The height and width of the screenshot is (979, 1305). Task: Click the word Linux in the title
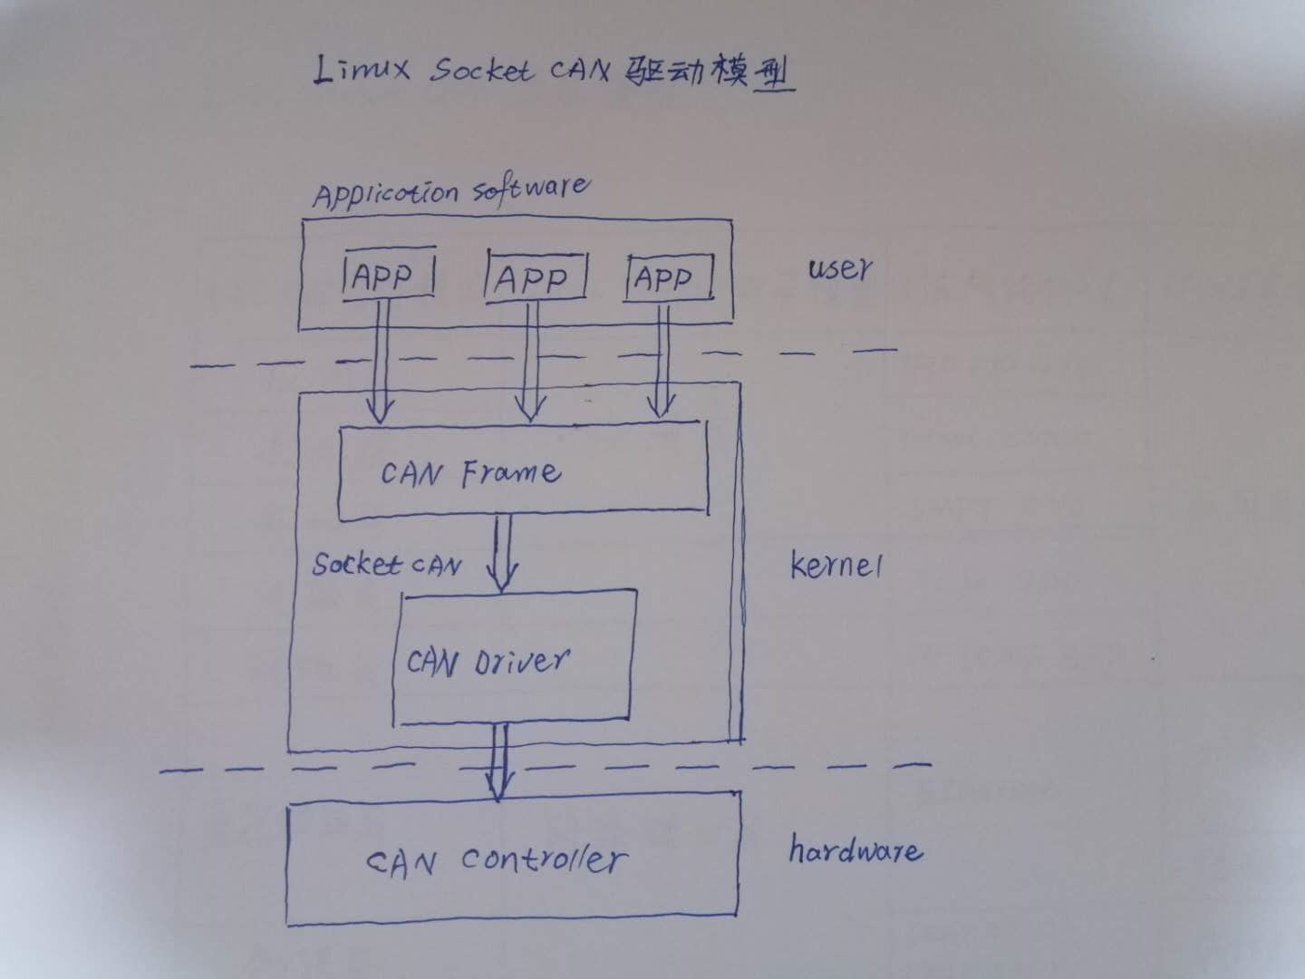click(361, 71)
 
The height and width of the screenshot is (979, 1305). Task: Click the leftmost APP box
click(388, 275)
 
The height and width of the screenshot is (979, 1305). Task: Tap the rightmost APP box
click(668, 277)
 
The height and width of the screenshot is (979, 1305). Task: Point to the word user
click(840, 268)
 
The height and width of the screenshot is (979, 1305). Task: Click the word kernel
click(836, 566)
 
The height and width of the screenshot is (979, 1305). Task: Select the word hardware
click(855, 851)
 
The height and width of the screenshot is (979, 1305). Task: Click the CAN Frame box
click(522, 471)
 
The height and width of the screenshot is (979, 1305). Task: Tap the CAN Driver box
click(513, 659)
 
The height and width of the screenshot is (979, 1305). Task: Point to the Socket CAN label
click(387, 565)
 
